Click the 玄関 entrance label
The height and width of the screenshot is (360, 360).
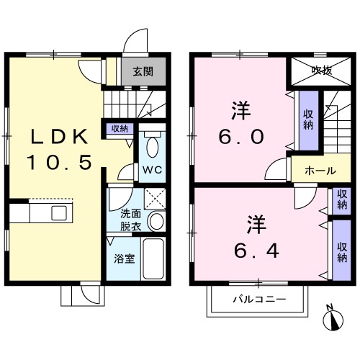click(143, 71)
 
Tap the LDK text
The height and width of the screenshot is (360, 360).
click(60, 137)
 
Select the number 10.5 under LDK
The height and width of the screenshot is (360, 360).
click(60, 162)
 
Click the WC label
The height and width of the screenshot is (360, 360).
click(153, 170)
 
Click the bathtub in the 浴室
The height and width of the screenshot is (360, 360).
click(153, 258)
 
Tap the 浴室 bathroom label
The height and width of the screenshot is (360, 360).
click(124, 258)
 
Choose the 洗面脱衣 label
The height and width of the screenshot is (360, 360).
click(130, 220)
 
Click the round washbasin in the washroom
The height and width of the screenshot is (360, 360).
click(156, 220)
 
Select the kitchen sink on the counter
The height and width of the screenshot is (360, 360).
click(59, 213)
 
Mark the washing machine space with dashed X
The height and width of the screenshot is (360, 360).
click(155, 199)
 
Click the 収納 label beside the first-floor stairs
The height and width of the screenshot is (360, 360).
click(120, 129)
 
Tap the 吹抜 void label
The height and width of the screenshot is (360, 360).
click(322, 71)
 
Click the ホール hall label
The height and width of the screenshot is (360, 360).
click(320, 171)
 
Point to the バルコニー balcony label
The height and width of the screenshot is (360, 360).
click(259, 299)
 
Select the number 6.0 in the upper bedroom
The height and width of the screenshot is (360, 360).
click(241, 137)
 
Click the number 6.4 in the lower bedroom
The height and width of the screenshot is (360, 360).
click(256, 251)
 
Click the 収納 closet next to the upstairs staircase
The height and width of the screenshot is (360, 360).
click(309, 121)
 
